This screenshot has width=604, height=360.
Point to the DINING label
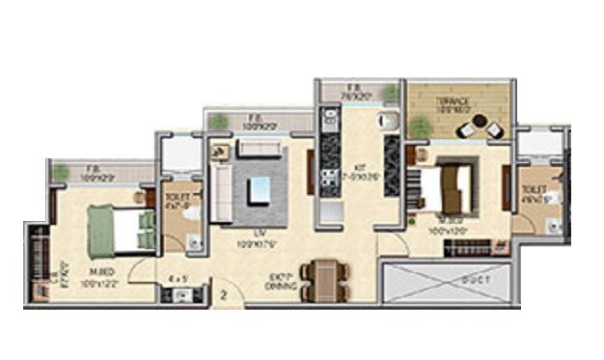coord(282,286)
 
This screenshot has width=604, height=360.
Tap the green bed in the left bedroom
coord(120,230)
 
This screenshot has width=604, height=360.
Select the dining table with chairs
coord(323,280)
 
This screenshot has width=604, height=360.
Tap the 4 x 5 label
coord(177,279)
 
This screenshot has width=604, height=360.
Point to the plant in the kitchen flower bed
coord(390,93)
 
